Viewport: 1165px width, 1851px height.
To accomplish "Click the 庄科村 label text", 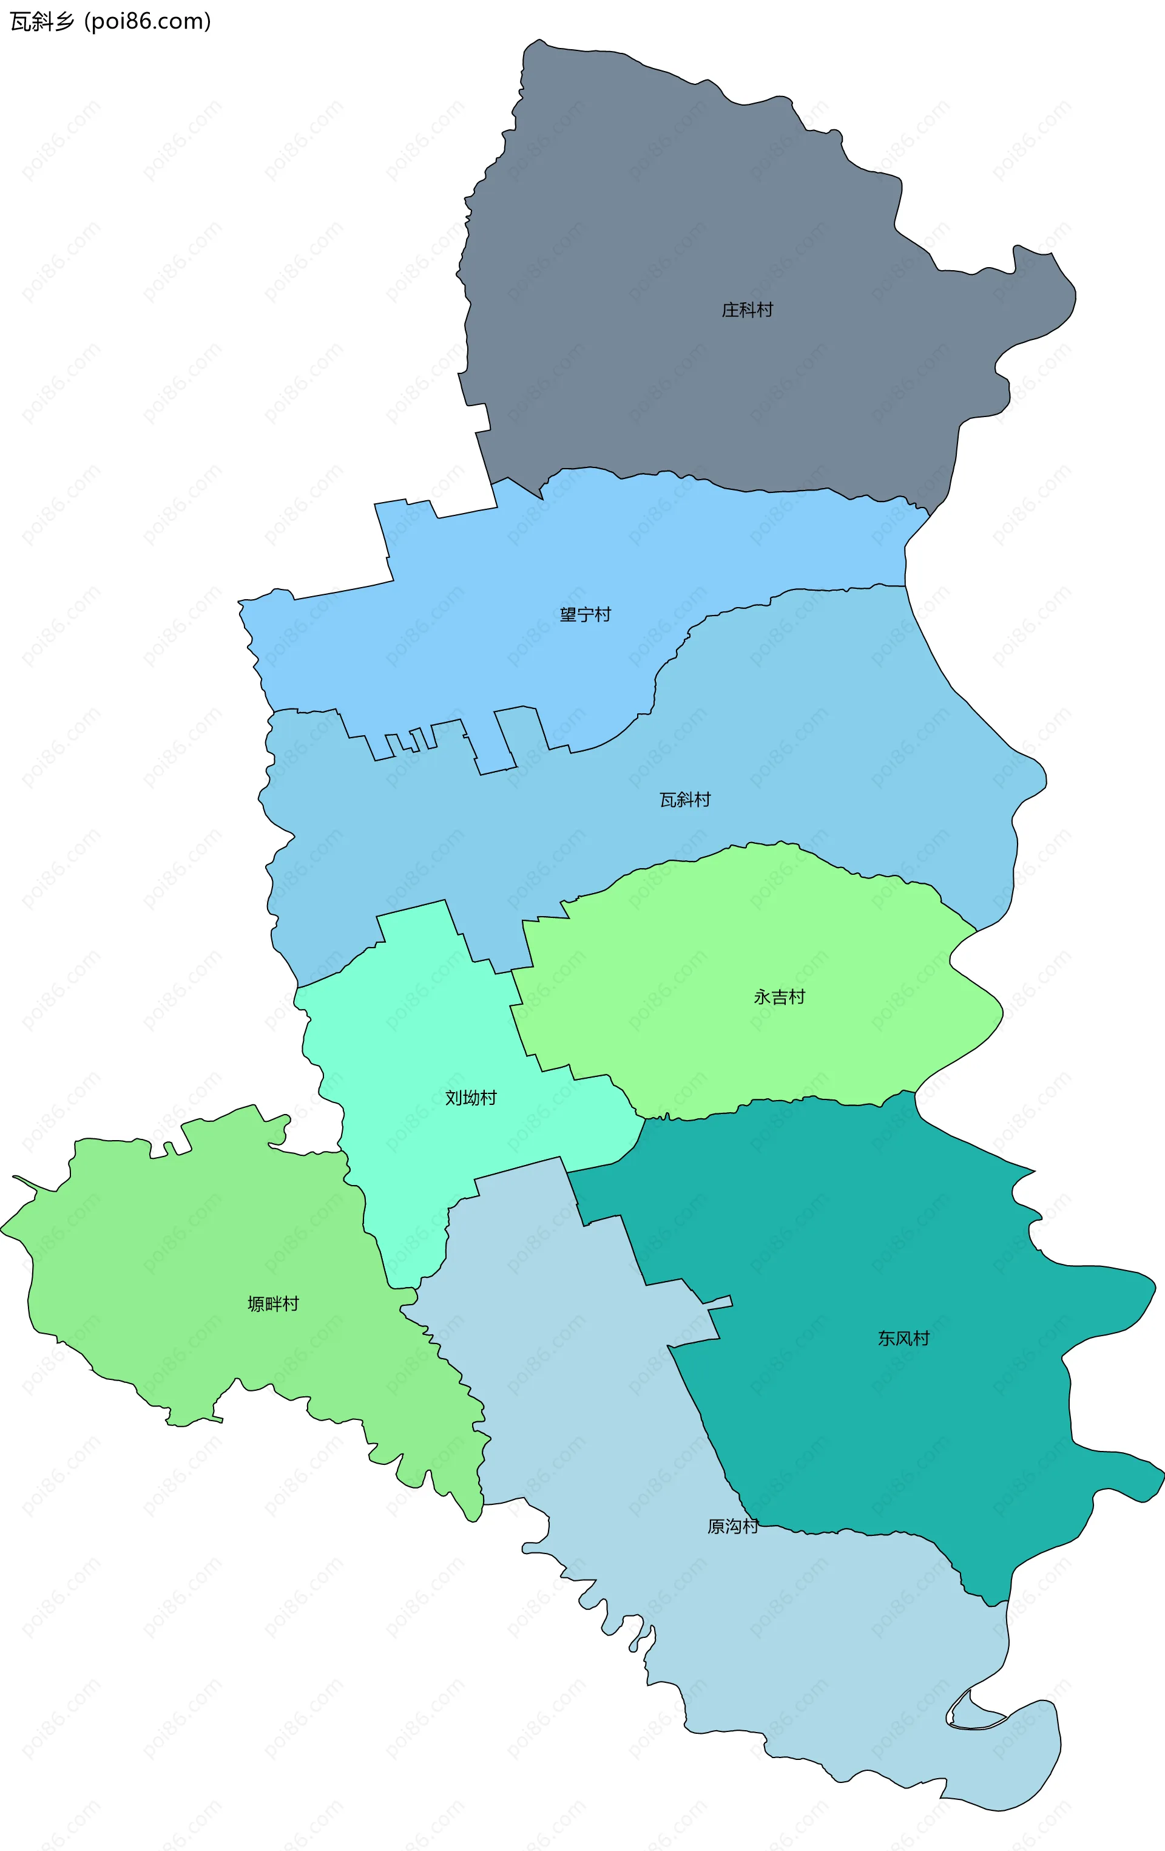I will click(x=747, y=310).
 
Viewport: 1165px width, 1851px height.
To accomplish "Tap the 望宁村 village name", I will click(x=585, y=615).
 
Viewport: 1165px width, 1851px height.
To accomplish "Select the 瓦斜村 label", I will click(x=684, y=800).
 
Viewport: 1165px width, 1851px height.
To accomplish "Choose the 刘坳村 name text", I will click(x=471, y=1098).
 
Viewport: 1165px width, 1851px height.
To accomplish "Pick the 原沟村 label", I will click(x=732, y=1527).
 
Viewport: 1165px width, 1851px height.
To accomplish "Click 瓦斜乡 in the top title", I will click(x=42, y=21).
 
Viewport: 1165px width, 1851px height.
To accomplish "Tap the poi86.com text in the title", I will click(x=147, y=21).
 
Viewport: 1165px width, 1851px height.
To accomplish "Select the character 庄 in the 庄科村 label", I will click(x=730, y=310).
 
